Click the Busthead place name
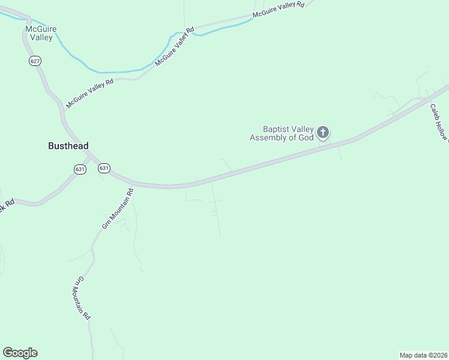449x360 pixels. pyautogui.click(x=68, y=146)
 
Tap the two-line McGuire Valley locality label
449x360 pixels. pyautogui.click(x=39, y=33)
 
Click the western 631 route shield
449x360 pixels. pyautogui.click(x=80, y=169)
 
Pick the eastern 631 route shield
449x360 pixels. pyautogui.click(x=104, y=168)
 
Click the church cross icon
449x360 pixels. pyautogui.click(x=323, y=132)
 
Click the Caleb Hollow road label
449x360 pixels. pyautogui.click(x=439, y=123)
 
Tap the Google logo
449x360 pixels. pyautogui.click(x=20, y=353)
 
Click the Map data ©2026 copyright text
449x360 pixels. pyautogui.click(x=423, y=355)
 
